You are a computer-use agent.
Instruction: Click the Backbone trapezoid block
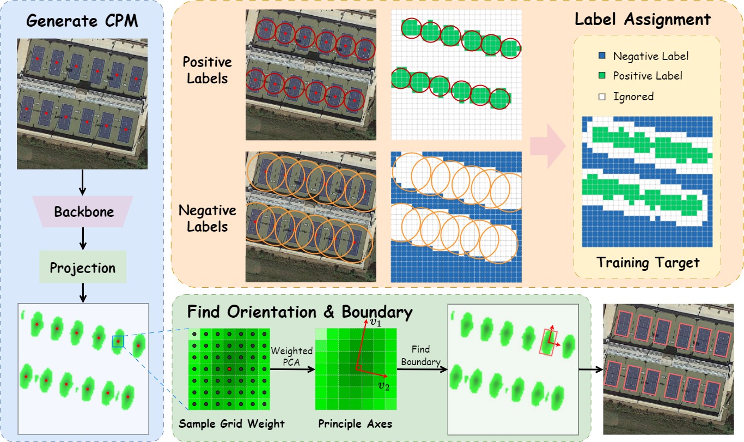(x=83, y=211)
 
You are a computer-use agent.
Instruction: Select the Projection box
(x=83, y=267)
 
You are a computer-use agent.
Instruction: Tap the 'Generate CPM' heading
(x=82, y=21)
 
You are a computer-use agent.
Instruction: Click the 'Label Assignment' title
(x=642, y=19)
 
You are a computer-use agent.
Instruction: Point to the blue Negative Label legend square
(x=602, y=56)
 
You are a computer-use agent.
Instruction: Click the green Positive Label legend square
(x=602, y=75)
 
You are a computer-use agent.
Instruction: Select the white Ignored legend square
(x=602, y=96)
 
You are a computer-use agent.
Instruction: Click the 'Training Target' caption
(x=648, y=263)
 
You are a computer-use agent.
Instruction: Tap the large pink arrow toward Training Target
(x=548, y=146)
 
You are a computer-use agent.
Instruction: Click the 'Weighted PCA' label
(x=291, y=356)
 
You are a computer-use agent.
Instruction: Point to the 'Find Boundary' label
(x=421, y=355)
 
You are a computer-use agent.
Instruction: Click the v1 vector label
(x=375, y=322)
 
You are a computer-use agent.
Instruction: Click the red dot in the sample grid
(x=229, y=369)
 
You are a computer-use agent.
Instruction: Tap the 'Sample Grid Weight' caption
(x=231, y=423)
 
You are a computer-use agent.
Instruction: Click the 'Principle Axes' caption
(x=355, y=423)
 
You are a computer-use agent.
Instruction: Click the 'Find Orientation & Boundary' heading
(x=300, y=312)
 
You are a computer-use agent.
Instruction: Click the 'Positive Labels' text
(x=208, y=70)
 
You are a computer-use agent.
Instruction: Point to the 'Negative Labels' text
(x=208, y=219)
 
